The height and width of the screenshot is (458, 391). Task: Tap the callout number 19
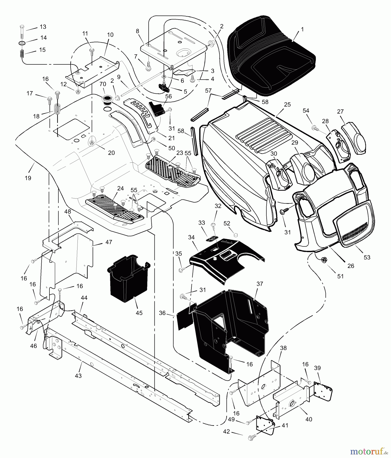(28, 178)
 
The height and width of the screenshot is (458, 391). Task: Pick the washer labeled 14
(22, 43)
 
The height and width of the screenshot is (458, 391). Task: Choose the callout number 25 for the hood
(287, 105)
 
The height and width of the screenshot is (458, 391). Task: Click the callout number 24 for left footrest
(120, 189)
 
